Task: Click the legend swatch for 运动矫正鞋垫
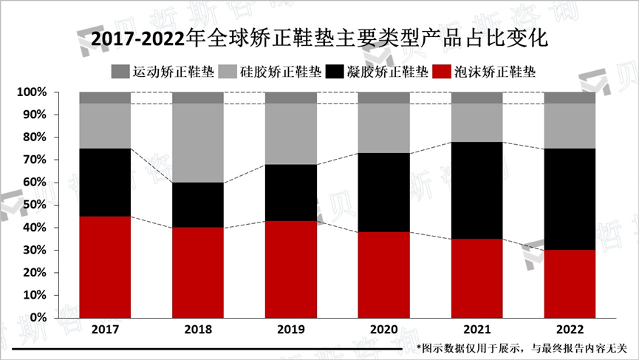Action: coord(120,72)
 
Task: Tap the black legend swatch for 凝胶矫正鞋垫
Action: coord(334,72)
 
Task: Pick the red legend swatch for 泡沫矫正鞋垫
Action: coord(441,72)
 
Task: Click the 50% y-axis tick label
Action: coord(34,205)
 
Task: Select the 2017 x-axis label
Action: coord(105,330)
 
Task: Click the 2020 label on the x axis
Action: coord(383,330)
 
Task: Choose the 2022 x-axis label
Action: coord(569,330)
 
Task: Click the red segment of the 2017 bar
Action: coord(105,266)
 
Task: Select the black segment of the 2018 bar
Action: coord(198,205)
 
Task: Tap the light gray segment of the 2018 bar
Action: coord(198,143)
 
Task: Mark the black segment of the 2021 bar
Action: coord(476,190)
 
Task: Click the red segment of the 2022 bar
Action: coord(569,283)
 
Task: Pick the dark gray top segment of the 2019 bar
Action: coord(290,98)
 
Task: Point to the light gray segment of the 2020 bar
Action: coord(383,128)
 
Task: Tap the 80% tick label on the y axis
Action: coord(34,137)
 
